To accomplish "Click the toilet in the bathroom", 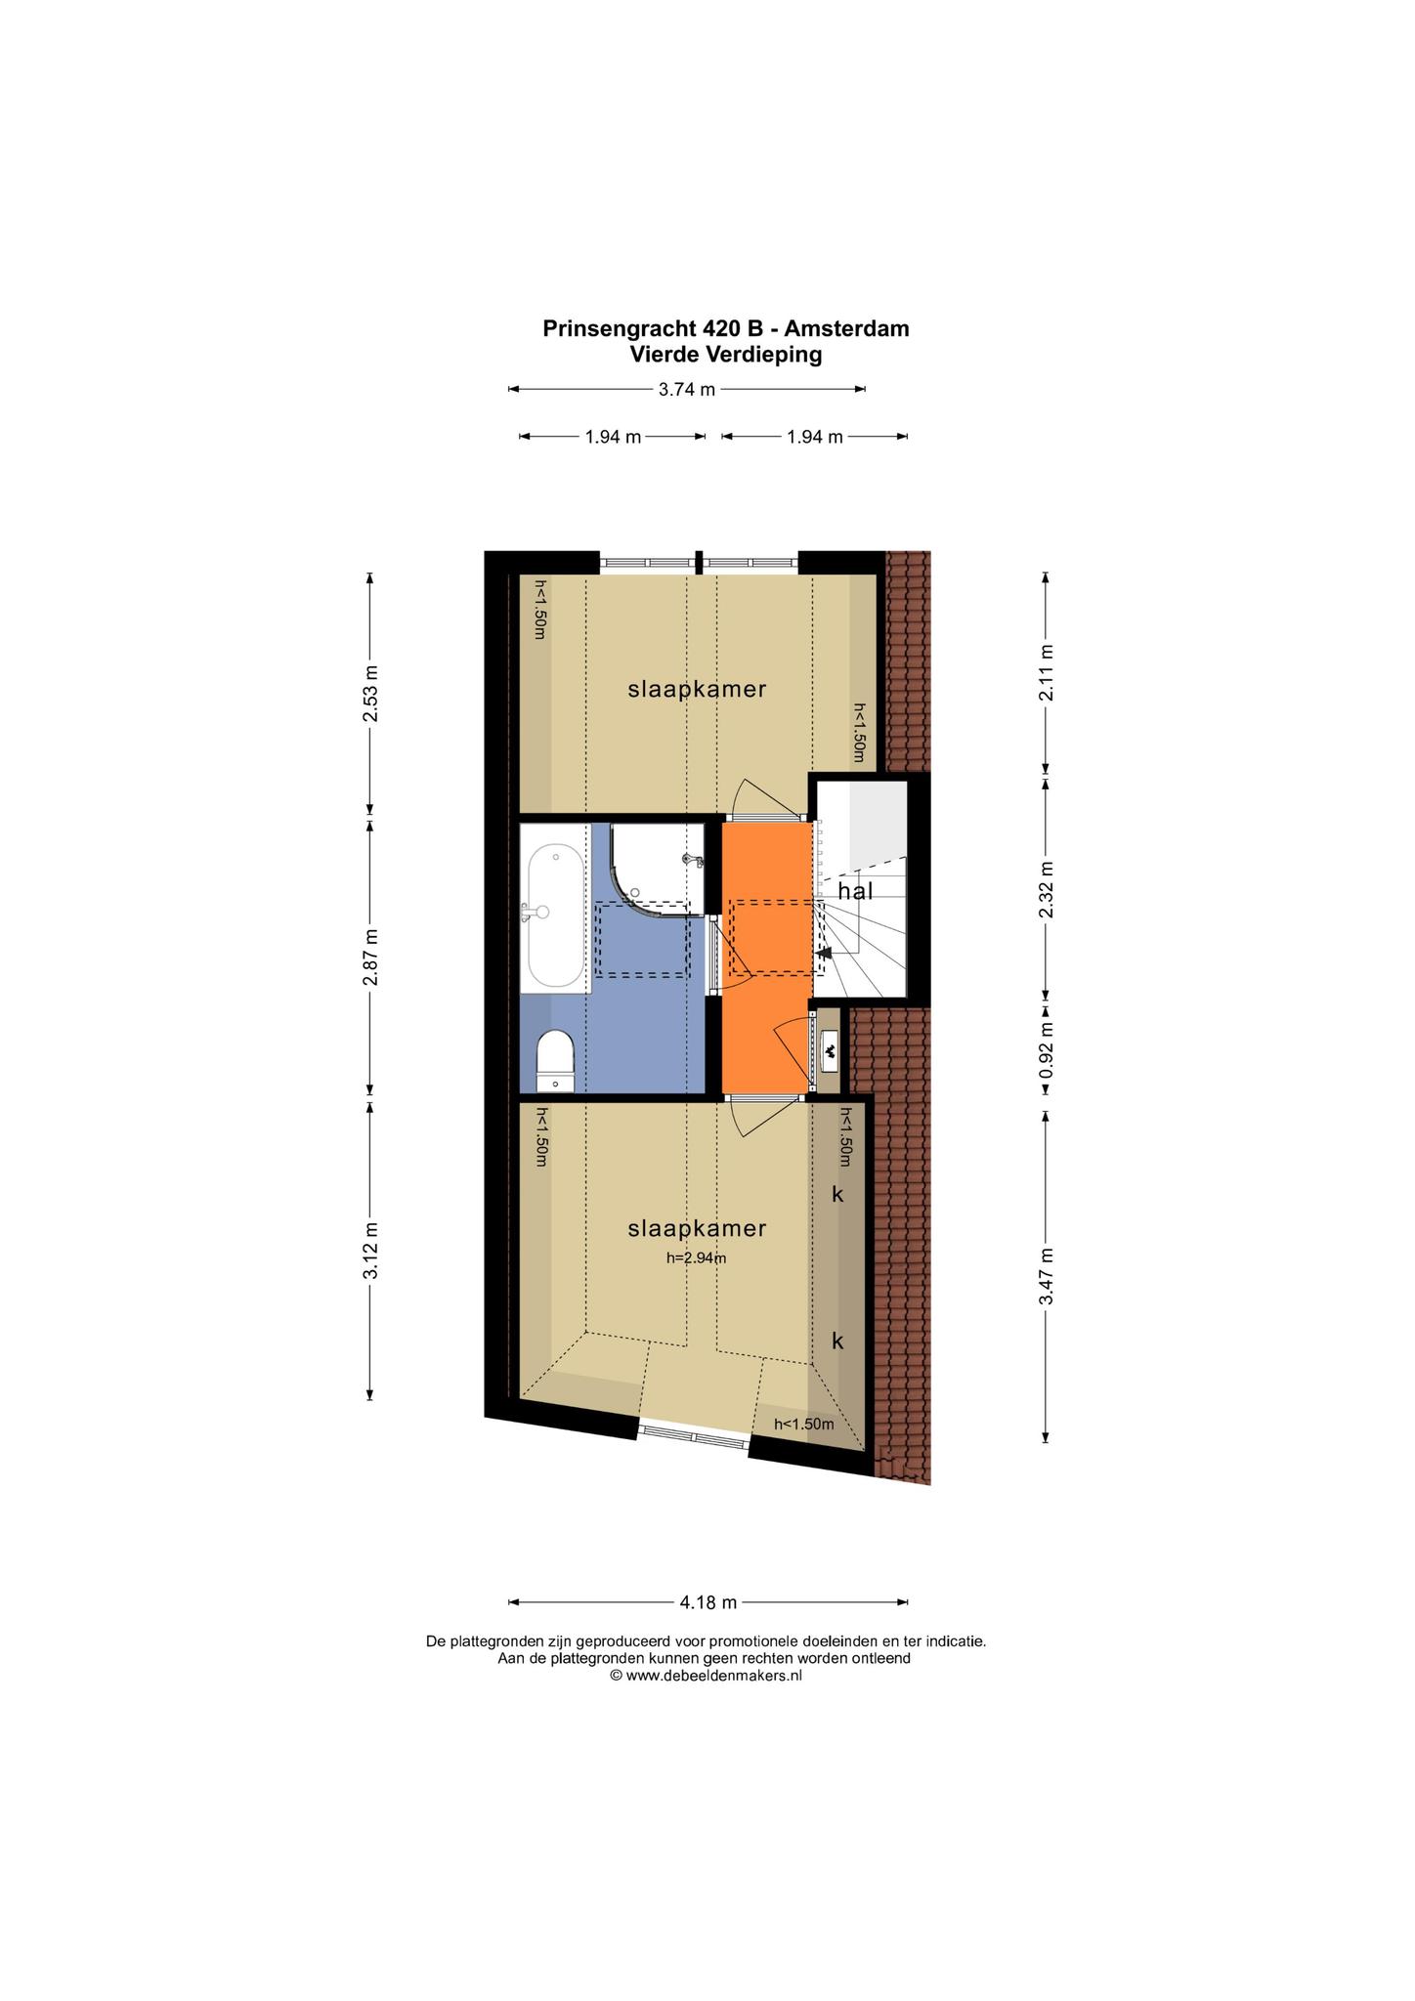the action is [557, 1059].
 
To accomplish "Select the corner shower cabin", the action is [657, 869].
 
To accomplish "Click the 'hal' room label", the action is [855, 891].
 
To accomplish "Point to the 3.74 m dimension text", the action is [687, 389].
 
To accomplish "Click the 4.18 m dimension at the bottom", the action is [708, 1602].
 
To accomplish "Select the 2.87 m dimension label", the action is [370, 958].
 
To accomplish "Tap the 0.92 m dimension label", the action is [1046, 1050].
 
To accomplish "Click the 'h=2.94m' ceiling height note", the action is [697, 1258].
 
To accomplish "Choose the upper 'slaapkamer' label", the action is [697, 689].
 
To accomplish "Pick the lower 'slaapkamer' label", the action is [697, 1228].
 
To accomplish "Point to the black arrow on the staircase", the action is [824, 952].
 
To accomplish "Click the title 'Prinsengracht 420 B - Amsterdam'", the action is [726, 328].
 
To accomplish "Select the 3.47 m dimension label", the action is [1046, 1276].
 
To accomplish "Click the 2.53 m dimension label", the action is [370, 694].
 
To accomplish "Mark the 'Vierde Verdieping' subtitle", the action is [726, 355].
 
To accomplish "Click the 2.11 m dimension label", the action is [1046, 673].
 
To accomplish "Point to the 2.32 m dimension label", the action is [1046, 889].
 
